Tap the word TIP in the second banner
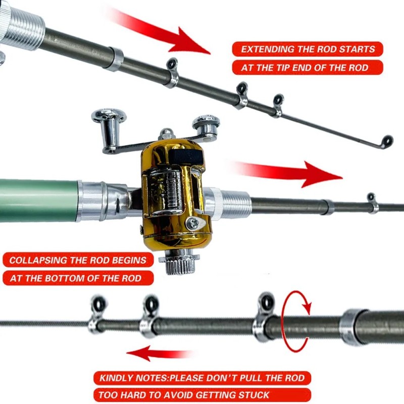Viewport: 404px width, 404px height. coord(286,67)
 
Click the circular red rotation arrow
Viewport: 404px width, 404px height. coord(296,321)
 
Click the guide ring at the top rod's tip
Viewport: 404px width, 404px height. coord(387,141)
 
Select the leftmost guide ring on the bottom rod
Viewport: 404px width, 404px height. coord(98,306)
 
